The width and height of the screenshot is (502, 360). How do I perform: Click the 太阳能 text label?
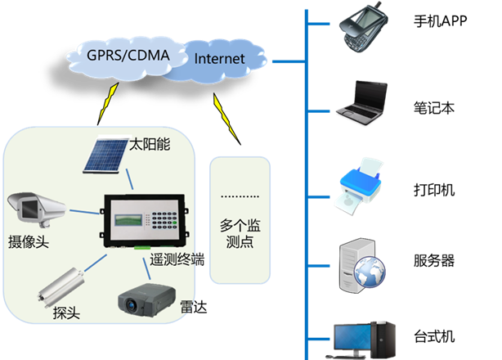click(151, 145)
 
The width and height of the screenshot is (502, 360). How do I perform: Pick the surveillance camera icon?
click(34, 209)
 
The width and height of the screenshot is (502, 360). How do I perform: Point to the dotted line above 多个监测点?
click(240, 197)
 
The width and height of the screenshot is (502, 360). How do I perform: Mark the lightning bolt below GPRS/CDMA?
click(105, 102)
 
